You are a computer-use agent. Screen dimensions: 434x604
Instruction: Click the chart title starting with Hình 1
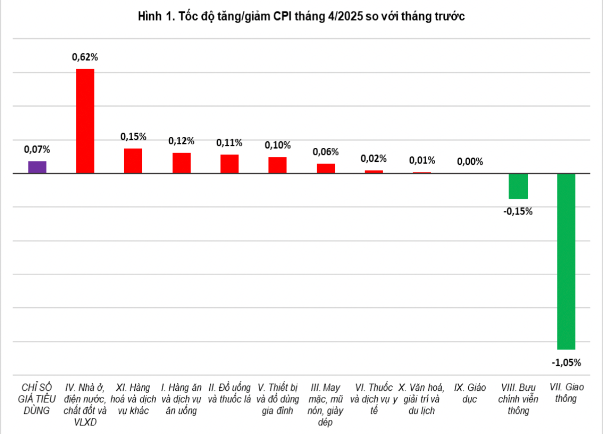[x=301, y=17]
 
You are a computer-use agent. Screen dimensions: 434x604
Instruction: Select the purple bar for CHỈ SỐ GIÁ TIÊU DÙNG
[x=37, y=167]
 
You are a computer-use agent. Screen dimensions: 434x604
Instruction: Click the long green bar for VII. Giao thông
[x=566, y=261]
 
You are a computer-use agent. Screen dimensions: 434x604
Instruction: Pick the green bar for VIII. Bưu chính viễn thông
[x=518, y=186]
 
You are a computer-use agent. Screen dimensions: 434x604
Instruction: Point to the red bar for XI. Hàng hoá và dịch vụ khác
[x=133, y=161]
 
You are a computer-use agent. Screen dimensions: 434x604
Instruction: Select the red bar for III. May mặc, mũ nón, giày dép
[x=326, y=168]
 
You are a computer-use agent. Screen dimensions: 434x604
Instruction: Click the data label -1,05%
[x=566, y=362]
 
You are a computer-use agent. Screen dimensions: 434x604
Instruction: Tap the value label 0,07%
[x=37, y=149]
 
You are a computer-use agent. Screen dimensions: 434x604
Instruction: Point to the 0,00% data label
[x=470, y=161]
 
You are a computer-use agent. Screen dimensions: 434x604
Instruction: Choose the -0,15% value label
[x=518, y=211]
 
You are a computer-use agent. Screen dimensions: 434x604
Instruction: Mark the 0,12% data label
[x=181, y=141]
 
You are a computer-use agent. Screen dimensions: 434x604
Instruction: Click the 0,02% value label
[x=374, y=159]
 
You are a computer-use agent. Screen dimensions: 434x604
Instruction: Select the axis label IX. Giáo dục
[x=470, y=393]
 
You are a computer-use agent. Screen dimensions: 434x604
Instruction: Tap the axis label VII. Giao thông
[x=566, y=393]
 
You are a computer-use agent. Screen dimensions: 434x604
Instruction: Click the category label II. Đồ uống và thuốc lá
[x=229, y=393]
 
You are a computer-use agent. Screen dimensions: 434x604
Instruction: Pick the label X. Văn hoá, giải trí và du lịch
[x=421, y=399]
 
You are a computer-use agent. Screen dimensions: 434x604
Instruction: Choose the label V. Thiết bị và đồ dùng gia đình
[x=277, y=399]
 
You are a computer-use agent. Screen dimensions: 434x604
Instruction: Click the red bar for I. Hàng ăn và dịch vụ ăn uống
[x=181, y=163]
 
